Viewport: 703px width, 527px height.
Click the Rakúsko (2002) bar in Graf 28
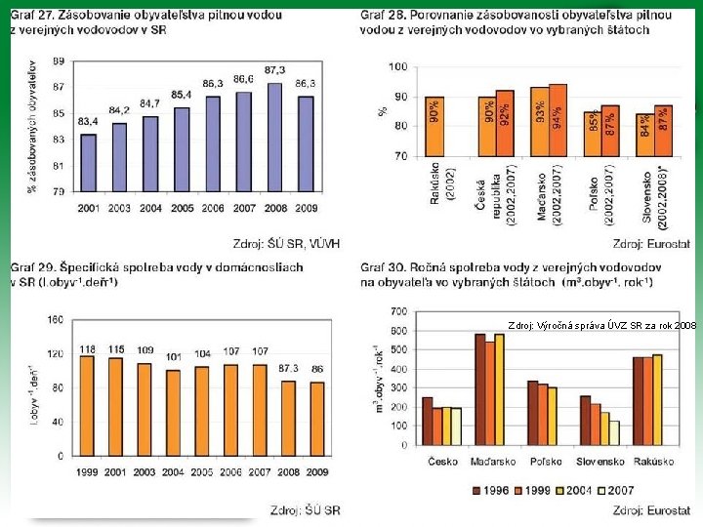point(434,126)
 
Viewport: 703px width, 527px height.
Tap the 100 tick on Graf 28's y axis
point(397,67)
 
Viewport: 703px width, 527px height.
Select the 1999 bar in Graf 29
point(88,405)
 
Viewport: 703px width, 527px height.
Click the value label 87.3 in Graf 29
point(287,368)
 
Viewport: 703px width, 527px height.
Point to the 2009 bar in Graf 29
point(318,418)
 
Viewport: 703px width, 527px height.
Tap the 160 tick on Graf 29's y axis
point(55,319)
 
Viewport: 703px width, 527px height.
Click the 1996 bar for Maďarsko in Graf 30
point(479,391)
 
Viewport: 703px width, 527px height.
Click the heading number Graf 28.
point(385,16)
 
